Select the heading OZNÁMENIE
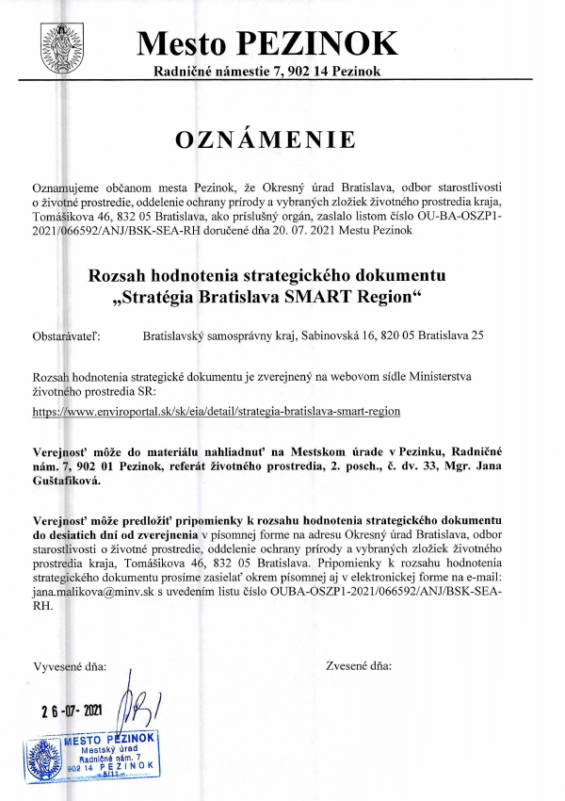click(x=266, y=139)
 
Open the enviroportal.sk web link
click(x=217, y=412)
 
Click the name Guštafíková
click(x=68, y=480)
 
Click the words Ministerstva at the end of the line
click(x=459, y=376)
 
